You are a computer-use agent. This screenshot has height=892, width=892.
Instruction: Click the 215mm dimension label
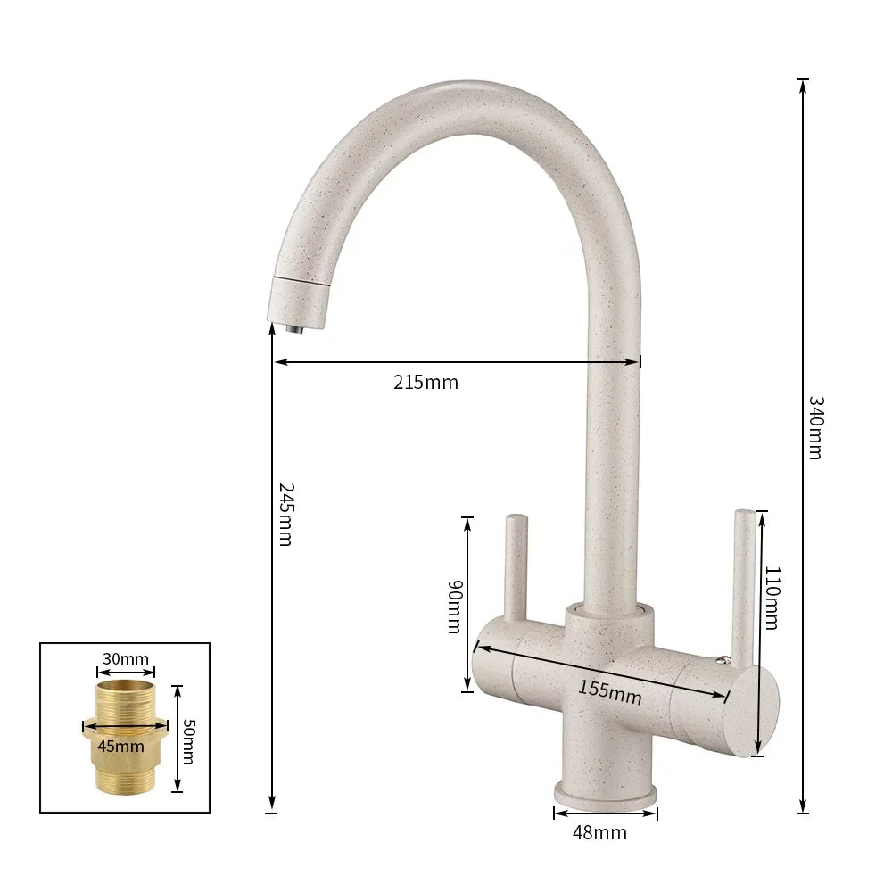(425, 383)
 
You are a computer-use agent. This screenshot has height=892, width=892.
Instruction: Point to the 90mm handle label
(454, 607)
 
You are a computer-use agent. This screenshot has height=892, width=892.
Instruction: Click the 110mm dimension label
(772, 598)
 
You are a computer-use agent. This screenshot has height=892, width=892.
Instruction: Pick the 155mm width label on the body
(609, 692)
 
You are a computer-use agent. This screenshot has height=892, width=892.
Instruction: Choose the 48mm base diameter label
(599, 833)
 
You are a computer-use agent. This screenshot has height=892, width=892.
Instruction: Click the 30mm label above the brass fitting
(126, 659)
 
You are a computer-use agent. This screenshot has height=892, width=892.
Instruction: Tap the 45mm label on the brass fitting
(120, 746)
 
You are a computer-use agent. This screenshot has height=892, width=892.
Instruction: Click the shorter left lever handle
(516, 566)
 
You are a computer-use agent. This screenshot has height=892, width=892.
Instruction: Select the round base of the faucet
(606, 793)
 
